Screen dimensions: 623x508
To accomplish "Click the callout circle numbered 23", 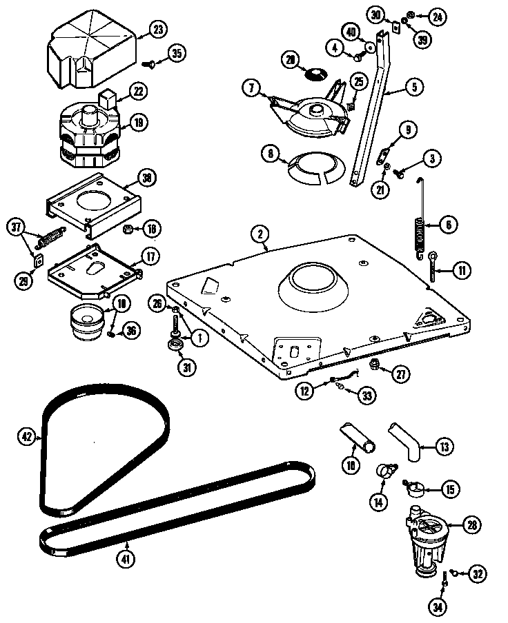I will tap(158, 30).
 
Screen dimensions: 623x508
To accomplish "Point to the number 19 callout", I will tap(139, 123).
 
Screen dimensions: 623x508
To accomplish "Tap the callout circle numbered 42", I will tap(27, 436).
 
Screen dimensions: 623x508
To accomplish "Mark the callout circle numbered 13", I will tap(446, 447).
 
